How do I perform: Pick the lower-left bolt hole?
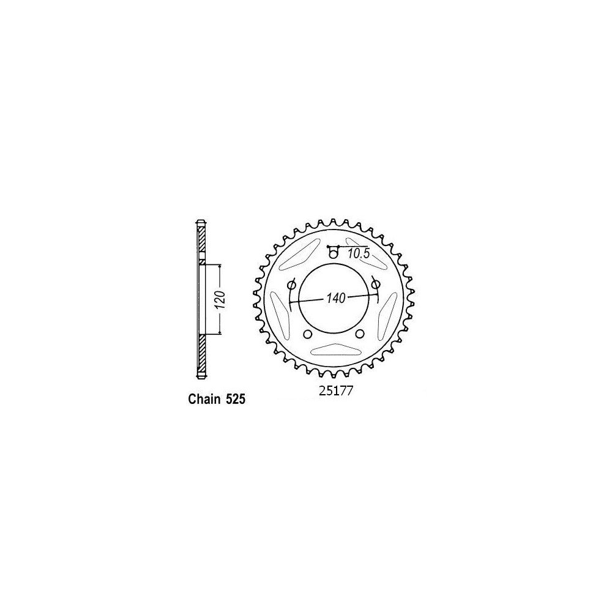pyautogui.click(x=307, y=334)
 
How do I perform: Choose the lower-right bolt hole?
pyautogui.click(x=360, y=334)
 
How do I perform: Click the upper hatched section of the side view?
pyautogui.click(x=201, y=242)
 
